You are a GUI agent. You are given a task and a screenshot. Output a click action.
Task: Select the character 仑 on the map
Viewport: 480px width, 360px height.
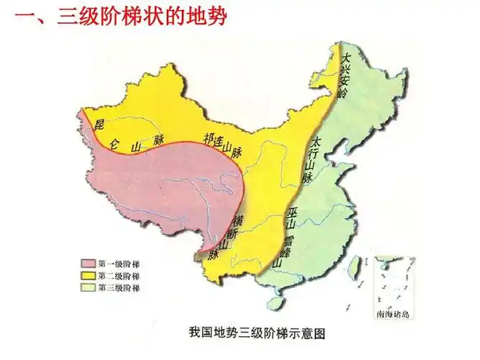(x=115, y=143)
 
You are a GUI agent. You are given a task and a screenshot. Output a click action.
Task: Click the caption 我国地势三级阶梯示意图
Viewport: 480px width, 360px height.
(x=258, y=333)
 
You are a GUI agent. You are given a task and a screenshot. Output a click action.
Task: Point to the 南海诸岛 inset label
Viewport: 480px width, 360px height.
(x=394, y=313)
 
